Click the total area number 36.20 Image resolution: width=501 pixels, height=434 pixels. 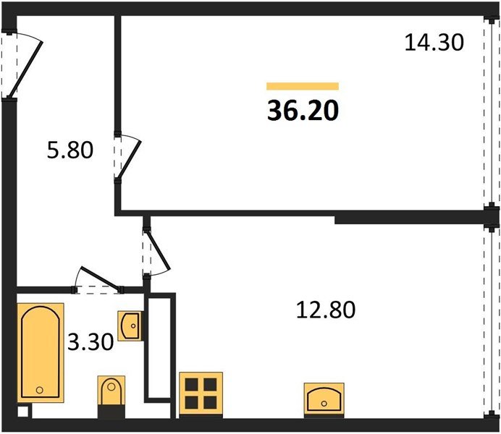tap(303, 111)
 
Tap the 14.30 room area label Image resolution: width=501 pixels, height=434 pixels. tap(434, 43)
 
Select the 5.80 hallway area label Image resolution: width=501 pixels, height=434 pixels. tap(70, 150)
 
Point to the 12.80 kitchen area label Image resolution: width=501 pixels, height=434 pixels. tap(326, 310)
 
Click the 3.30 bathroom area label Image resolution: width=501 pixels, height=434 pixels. tap(90, 341)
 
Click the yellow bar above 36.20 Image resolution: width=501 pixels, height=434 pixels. tap(303, 86)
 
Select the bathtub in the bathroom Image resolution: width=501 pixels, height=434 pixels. tap(41, 352)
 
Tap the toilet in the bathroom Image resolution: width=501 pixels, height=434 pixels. tap(111, 396)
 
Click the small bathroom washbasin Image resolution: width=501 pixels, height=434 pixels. tap(130, 325)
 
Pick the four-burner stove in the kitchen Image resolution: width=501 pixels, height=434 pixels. tap(201, 394)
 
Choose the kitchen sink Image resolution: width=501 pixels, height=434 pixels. tap(324, 400)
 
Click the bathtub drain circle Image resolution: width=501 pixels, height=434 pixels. tap(40, 390)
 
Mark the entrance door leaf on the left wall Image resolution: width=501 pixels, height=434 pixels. tap(25, 69)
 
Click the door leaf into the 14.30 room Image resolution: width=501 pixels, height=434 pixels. tap(129, 159)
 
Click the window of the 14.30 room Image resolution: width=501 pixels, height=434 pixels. tap(490, 111)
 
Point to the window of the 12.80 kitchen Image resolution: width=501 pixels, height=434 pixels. tap(490, 321)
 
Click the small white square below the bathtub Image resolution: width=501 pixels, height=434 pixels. tap(23, 412)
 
